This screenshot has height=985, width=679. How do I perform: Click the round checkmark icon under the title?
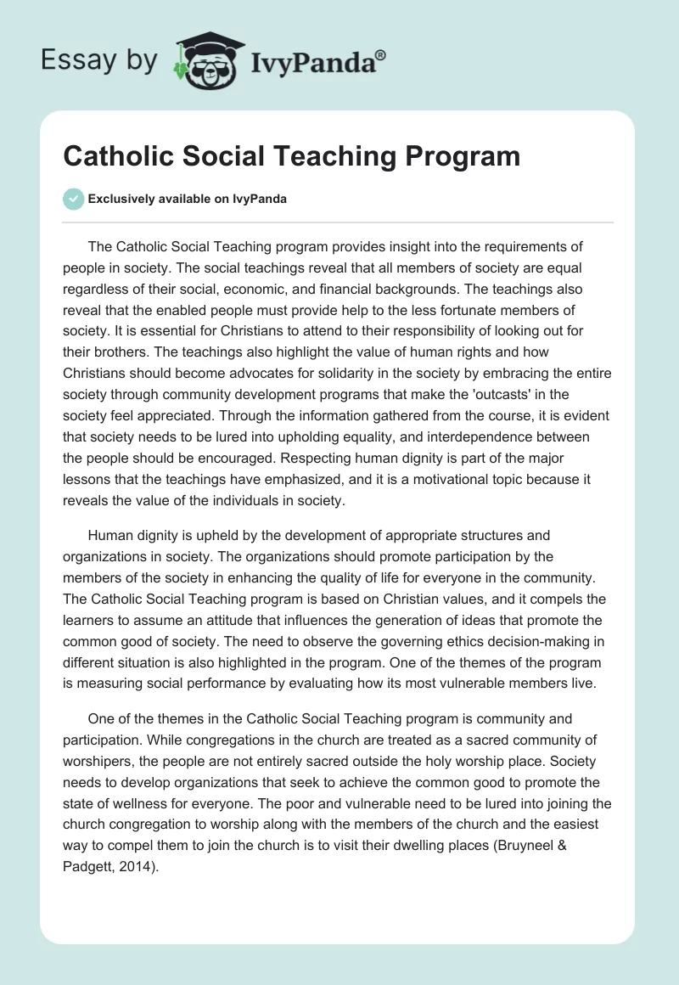(73, 199)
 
